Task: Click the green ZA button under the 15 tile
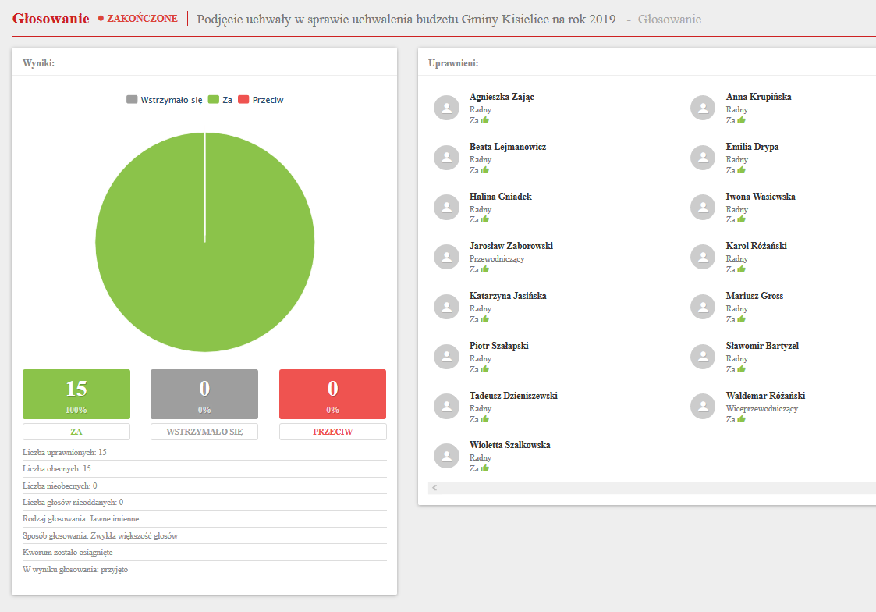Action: click(x=76, y=432)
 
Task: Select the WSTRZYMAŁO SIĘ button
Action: click(x=204, y=432)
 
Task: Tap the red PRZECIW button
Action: click(x=332, y=432)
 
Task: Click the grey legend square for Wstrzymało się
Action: click(x=132, y=100)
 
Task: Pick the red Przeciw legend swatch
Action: click(x=243, y=100)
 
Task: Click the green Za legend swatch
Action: click(x=213, y=100)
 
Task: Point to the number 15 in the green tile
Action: click(x=76, y=389)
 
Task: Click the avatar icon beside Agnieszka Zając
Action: click(x=446, y=108)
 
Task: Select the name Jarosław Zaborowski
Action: click(x=511, y=246)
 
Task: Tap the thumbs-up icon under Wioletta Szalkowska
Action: click(x=484, y=468)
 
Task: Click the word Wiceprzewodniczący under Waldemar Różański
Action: click(x=762, y=408)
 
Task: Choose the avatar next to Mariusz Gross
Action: click(x=703, y=307)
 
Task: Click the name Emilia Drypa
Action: click(x=752, y=147)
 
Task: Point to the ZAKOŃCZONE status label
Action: click(x=142, y=18)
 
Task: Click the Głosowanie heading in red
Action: click(x=51, y=19)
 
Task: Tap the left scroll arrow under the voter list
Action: click(x=434, y=487)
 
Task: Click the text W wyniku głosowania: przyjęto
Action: click(x=76, y=569)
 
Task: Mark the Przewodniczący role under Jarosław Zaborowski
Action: click(x=497, y=258)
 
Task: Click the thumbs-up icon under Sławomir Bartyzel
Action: click(x=741, y=369)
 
